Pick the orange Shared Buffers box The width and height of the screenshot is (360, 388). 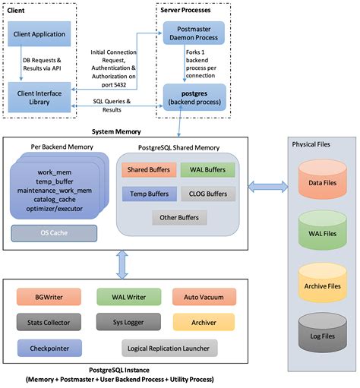[x=147, y=169]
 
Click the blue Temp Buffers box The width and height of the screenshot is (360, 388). [x=147, y=193]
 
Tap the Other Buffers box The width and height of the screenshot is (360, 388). [x=176, y=217]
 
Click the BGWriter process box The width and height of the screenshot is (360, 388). [x=43, y=297]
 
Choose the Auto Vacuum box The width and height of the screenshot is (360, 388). [x=198, y=297]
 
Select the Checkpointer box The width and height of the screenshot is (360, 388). [x=43, y=347]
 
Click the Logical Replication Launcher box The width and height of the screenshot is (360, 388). [x=169, y=347]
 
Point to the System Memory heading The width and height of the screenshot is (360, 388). [x=112, y=131]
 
